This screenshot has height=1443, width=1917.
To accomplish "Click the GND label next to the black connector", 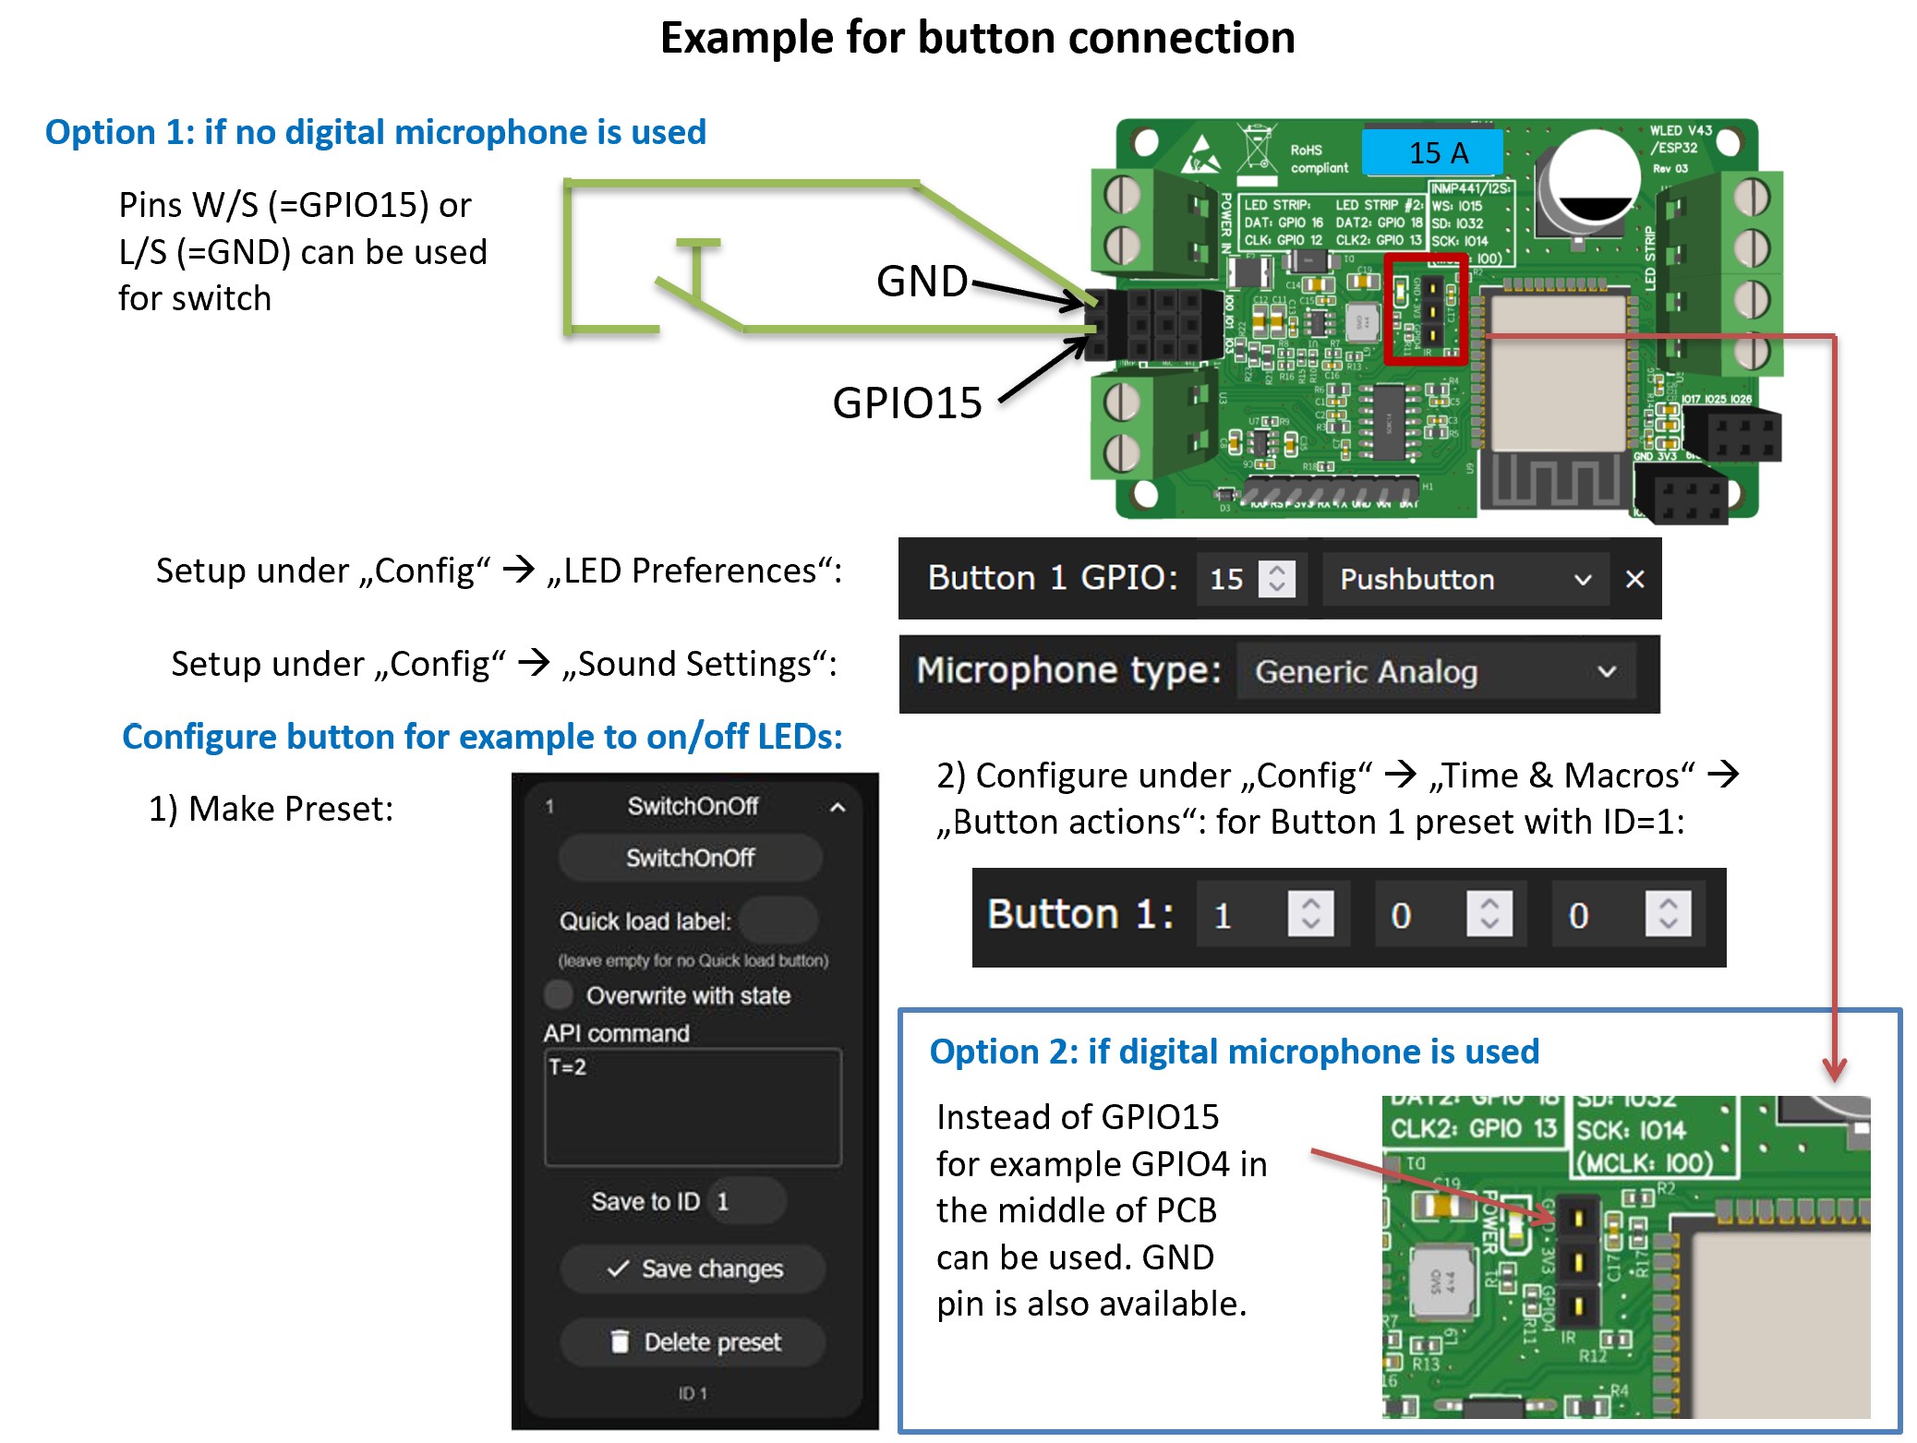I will [x=922, y=281].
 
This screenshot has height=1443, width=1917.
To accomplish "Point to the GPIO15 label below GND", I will [x=907, y=403].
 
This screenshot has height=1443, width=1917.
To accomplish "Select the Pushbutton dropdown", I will [x=1465, y=579].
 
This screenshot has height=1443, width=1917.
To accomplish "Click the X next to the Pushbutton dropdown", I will [x=1634, y=579].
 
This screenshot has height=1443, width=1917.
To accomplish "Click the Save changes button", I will [x=693, y=1269].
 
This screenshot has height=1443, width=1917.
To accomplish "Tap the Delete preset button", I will [x=693, y=1341].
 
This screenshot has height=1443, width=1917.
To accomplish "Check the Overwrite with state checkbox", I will [x=559, y=994].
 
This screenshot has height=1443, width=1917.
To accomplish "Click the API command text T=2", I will [x=568, y=1067].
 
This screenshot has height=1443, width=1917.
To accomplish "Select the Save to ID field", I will [x=746, y=1201].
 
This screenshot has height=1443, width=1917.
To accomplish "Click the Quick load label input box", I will [x=778, y=920].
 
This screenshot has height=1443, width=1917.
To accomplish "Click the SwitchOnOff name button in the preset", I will [x=690, y=858].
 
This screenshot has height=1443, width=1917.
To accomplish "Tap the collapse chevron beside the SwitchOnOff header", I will [x=838, y=807].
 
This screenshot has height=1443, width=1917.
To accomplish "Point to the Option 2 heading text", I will [x=1234, y=1052].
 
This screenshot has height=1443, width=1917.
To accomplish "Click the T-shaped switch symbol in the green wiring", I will [x=697, y=268].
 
